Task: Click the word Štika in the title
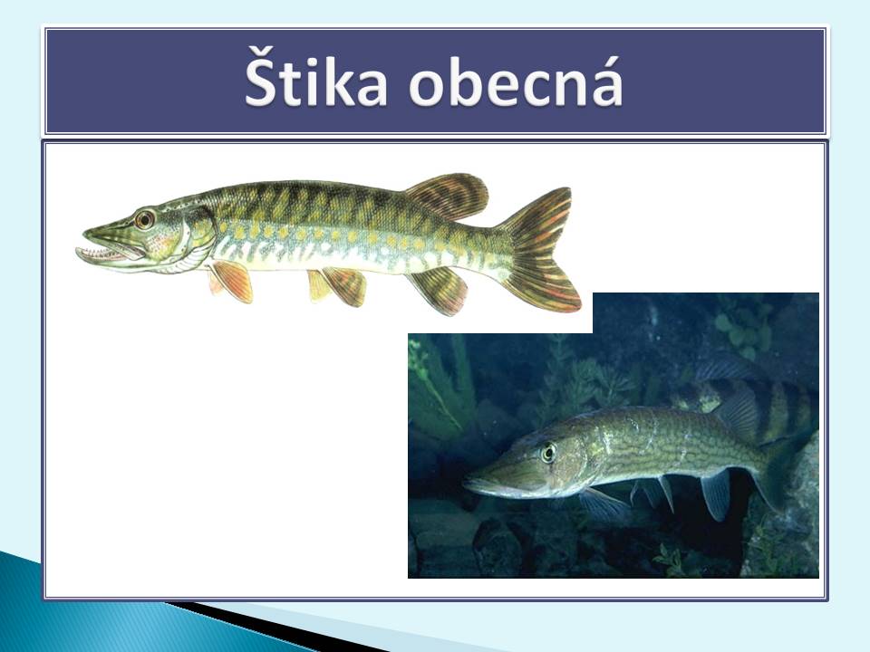(x=316, y=78)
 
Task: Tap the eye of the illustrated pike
(x=144, y=219)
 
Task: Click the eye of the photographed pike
(x=548, y=453)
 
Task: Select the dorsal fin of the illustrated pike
(x=448, y=197)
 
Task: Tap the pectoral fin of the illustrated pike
(x=231, y=281)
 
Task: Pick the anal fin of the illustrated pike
(x=440, y=290)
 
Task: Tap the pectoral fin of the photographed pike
(x=602, y=503)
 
